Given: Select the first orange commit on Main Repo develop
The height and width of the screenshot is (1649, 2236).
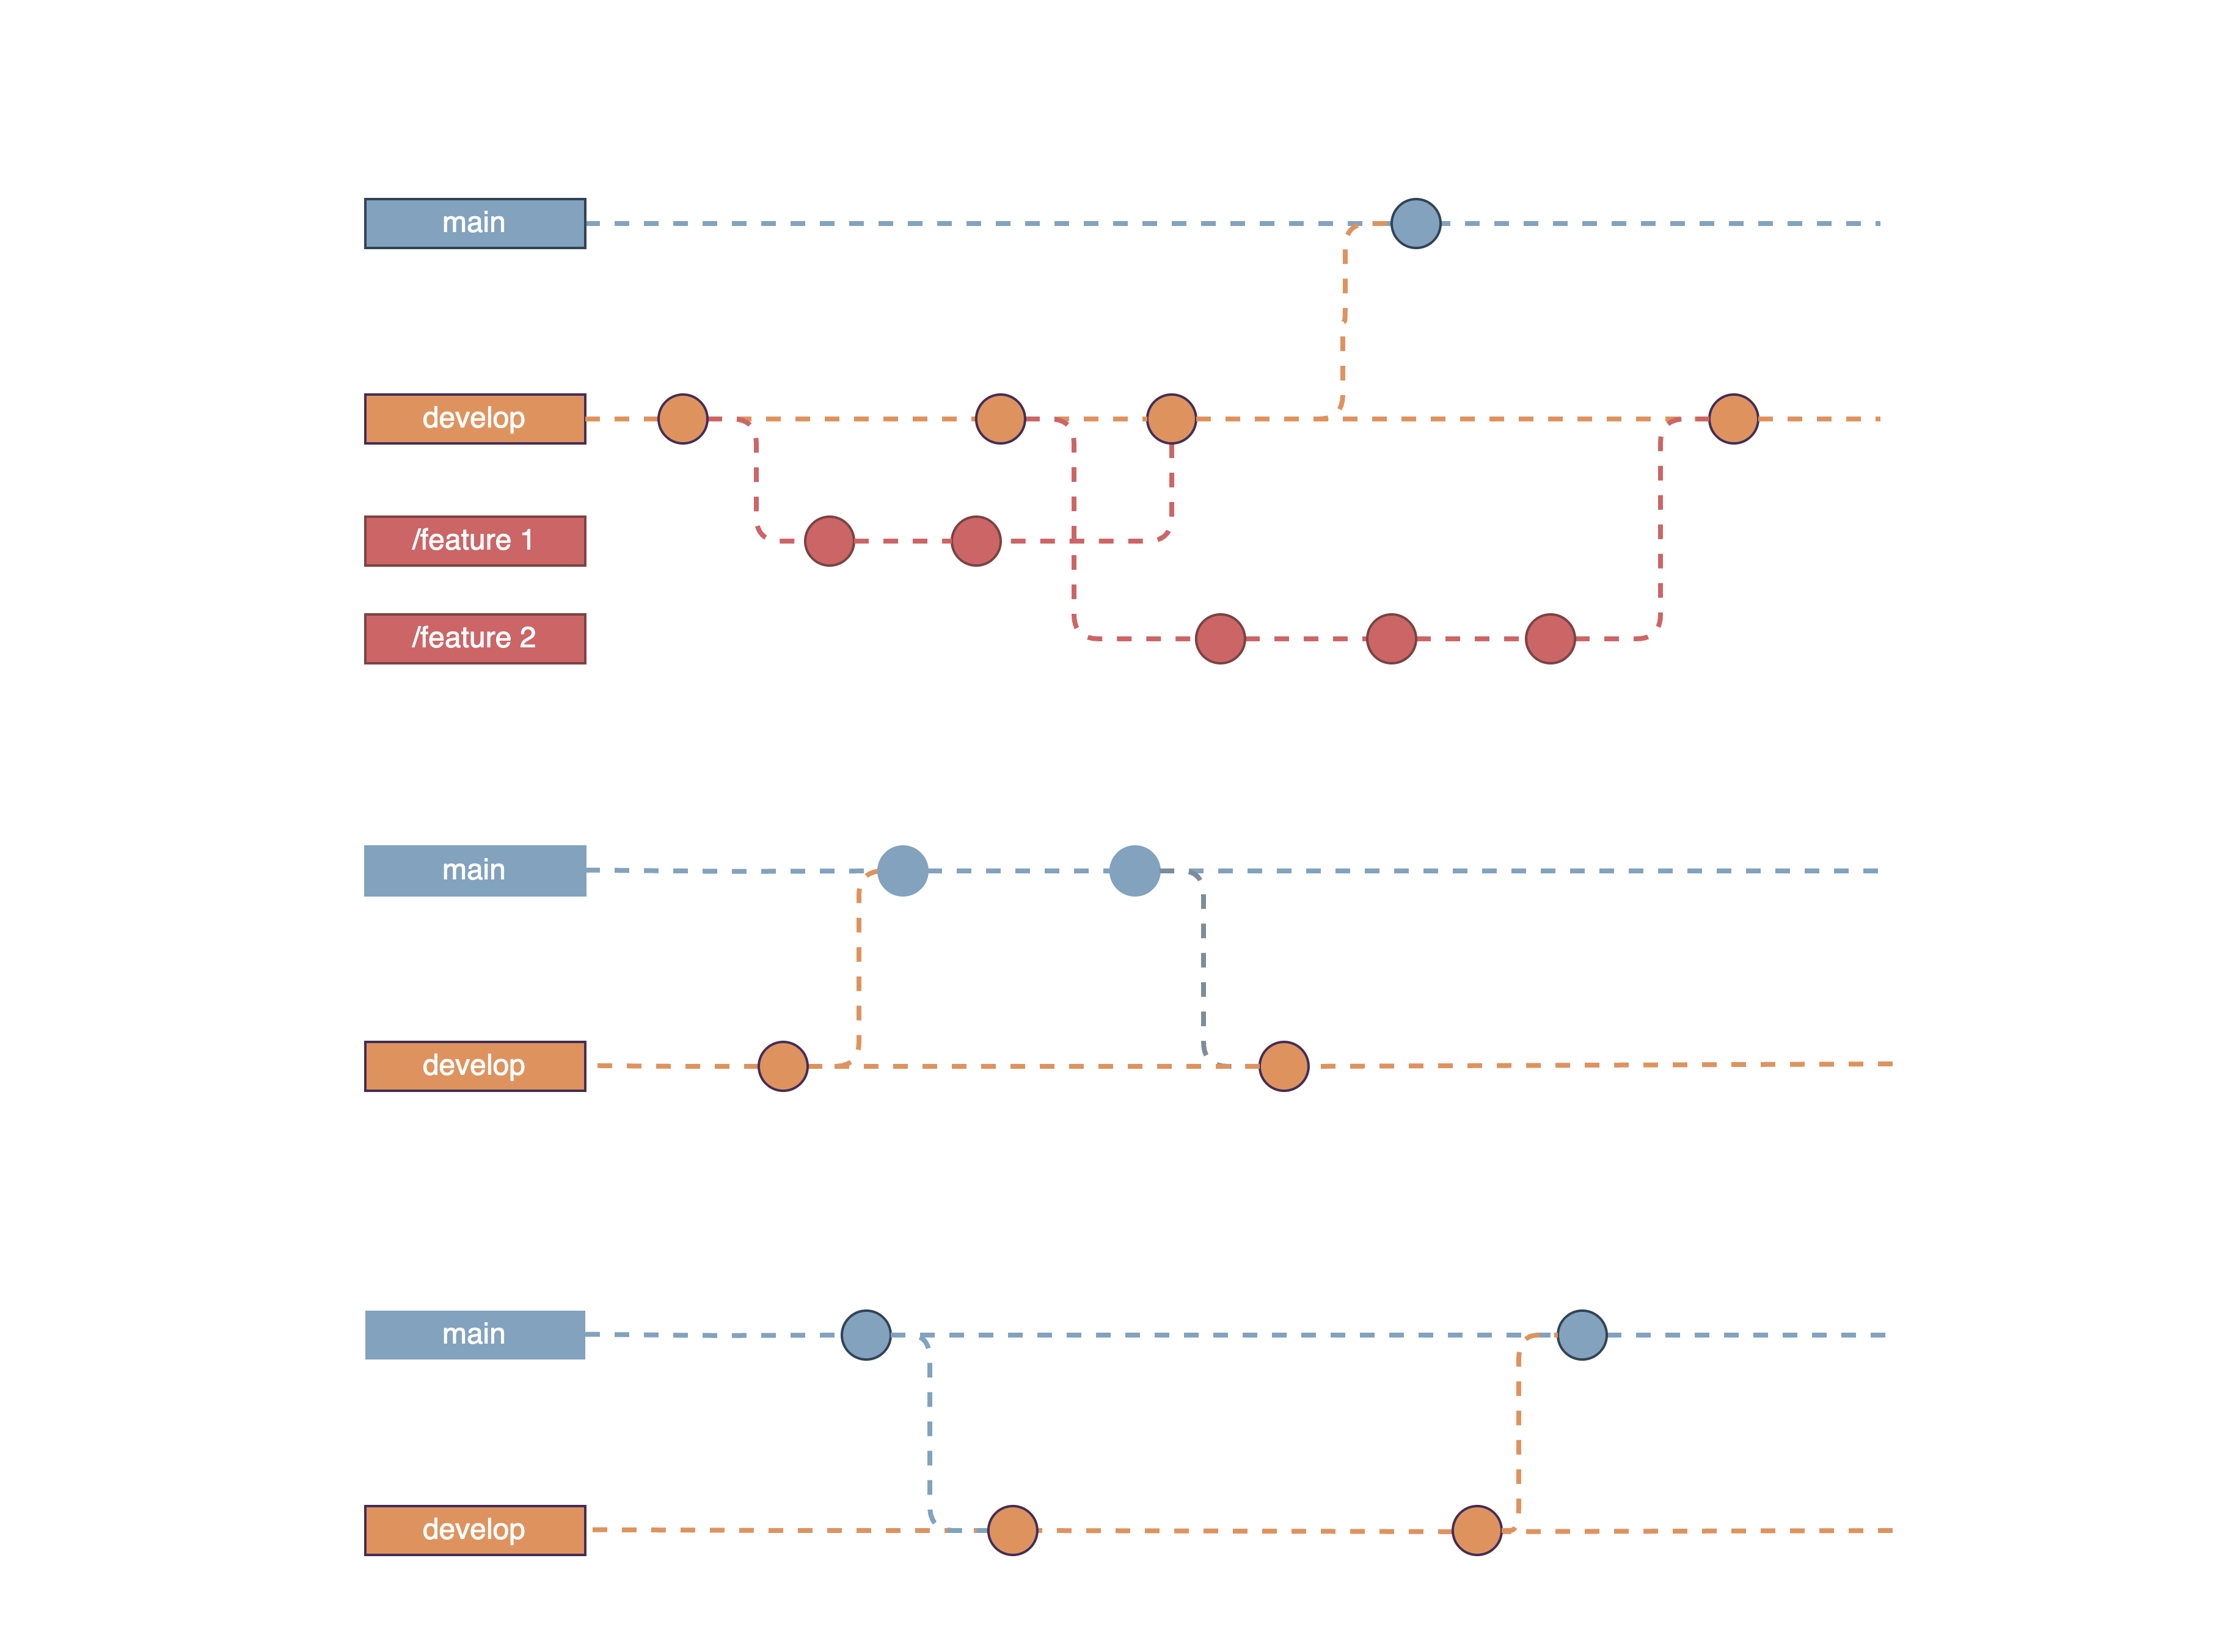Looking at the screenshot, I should click(683, 419).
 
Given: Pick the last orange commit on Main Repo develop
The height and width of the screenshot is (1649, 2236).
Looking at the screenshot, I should click(1733, 419).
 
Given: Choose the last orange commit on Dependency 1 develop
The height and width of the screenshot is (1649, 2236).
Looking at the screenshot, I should click(1284, 1066).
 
